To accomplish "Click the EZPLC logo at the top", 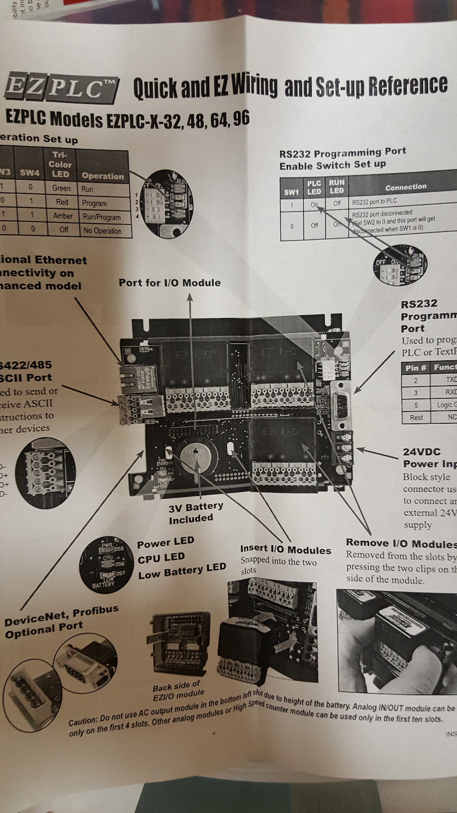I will [61, 88].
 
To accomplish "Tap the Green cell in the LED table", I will [61, 188].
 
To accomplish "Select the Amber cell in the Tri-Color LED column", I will [62, 216].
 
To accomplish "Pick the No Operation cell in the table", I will [102, 231].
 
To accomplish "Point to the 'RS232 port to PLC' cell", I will [374, 202].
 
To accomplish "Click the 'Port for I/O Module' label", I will [170, 283].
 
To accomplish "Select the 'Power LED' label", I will [165, 543].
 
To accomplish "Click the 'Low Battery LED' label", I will [182, 572].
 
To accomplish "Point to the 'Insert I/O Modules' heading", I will [285, 549].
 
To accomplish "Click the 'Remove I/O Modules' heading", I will [401, 543].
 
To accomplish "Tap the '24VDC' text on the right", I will [421, 452].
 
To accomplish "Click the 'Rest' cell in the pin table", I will [416, 417].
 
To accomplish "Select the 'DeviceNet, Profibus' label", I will [61, 615].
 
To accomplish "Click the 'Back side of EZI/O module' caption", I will [178, 691].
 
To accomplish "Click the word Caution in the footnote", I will [82, 721].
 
